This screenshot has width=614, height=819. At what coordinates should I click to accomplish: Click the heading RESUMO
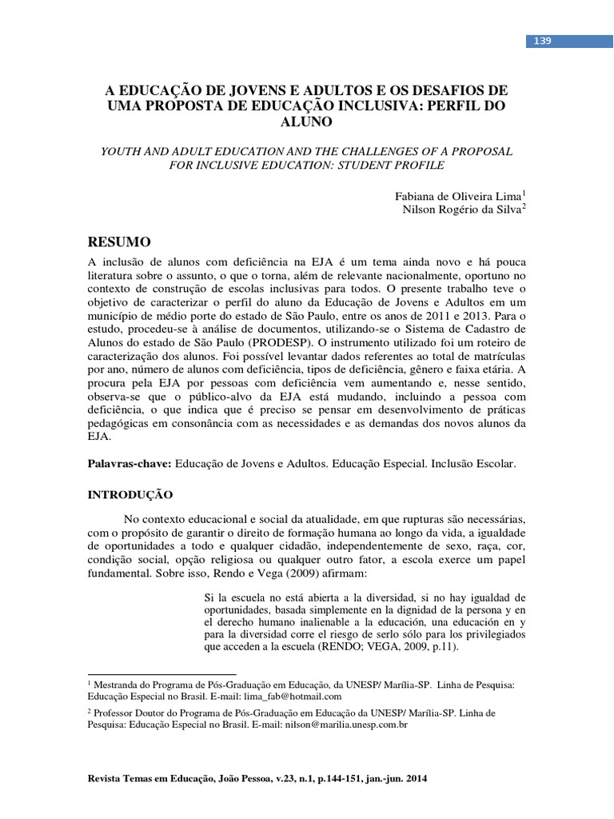(119, 242)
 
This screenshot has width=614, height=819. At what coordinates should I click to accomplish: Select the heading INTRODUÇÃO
(130, 495)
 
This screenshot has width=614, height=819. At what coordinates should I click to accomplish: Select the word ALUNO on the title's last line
(307, 122)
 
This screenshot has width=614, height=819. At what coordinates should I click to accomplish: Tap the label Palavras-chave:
(129, 463)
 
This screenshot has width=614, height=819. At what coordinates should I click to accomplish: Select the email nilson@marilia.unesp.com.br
(336, 725)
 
